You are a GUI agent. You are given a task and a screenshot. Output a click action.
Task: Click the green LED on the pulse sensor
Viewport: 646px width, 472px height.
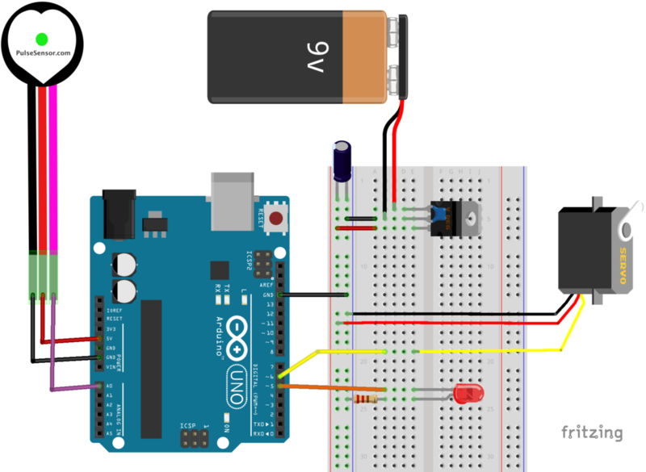click(x=41, y=38)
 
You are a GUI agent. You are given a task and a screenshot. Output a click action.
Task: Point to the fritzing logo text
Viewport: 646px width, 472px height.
click(x=591, y=432)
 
